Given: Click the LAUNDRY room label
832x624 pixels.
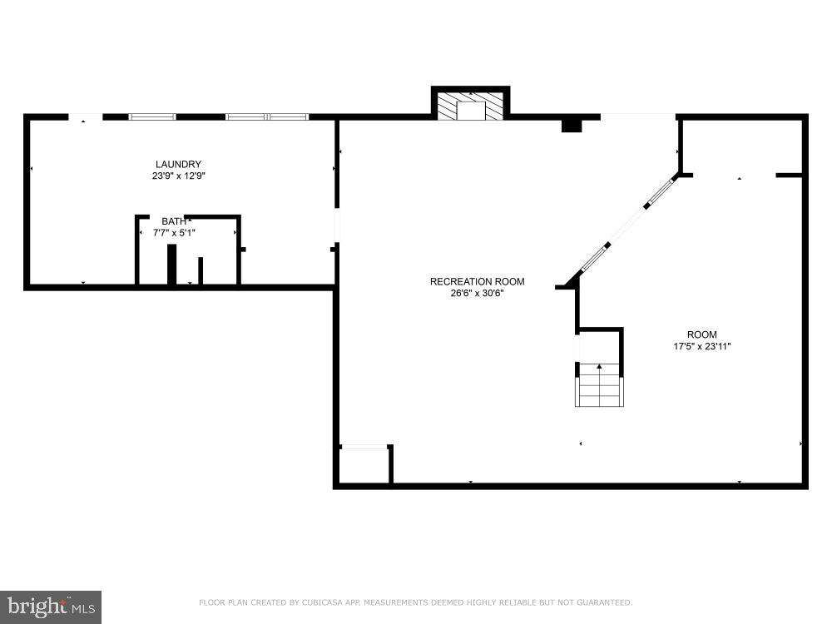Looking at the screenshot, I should tap(178, 164).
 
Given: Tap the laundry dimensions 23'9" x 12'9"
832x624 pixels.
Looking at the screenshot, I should tap(178, 176).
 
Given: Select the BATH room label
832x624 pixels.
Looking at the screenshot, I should tap(174, 220).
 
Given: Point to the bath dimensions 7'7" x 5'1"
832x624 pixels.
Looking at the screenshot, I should tap(174, 233).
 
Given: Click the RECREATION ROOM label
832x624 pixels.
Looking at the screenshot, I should tap(477, 281).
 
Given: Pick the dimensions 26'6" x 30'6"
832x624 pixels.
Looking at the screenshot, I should tap(477, 293).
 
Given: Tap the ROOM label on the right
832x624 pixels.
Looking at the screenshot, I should tap(701, 334).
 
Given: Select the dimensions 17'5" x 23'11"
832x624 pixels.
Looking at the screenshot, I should tap(701, 346).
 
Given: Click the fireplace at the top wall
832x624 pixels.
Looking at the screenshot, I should tap(470, 106).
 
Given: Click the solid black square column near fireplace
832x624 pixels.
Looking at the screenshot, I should tap(571, 125).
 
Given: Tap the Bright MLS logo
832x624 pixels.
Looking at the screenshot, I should tap(50, 607).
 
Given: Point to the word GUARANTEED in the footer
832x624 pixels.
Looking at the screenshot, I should tap(604, 602).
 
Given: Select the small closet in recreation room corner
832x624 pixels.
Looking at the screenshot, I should tap(364, 466).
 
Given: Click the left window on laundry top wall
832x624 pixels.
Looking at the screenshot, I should tap(151, 116).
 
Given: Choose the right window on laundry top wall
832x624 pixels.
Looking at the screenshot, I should tap(267, 116).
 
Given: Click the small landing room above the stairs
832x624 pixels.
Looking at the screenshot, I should tap(599, 345).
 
